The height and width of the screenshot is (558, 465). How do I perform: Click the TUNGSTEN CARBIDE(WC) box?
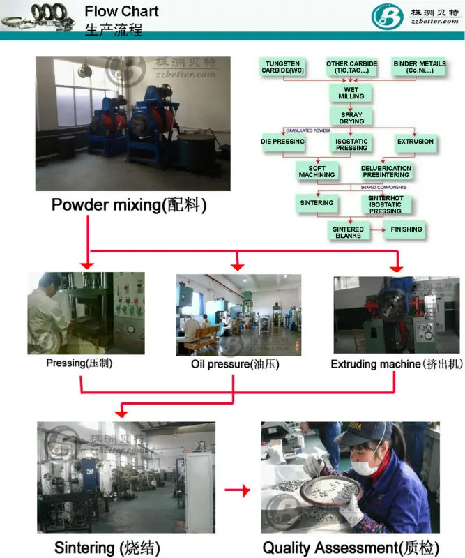(282, 68)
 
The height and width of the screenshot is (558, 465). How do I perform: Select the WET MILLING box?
(351, 93)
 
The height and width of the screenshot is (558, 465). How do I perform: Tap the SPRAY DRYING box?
(351, 117)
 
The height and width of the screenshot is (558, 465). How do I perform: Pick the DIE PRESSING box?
(282, 142)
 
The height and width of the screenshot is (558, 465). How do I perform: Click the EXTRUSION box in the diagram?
(416, 142)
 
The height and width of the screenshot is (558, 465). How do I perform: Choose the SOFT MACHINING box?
(317, 172)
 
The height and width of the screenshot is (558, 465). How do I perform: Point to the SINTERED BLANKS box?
(347, 232)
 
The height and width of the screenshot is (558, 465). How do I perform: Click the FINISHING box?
(406, 229)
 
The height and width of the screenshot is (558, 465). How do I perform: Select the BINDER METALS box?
(420, 68)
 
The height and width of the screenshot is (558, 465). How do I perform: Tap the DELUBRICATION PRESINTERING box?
(386, 172)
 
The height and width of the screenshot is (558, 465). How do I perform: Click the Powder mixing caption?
(129, 206)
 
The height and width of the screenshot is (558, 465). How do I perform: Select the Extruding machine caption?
(395, 364)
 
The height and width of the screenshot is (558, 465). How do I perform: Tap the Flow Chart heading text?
(121, 12)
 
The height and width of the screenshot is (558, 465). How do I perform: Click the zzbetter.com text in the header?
(434, 21)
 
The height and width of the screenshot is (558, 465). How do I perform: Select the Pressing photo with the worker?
(86, 312)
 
